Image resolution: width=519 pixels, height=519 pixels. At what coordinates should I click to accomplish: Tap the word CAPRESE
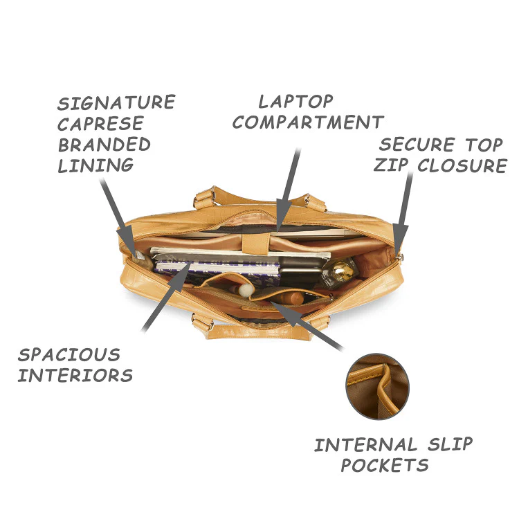[100, 123]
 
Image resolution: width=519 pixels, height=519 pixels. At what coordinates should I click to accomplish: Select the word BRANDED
[104, 145]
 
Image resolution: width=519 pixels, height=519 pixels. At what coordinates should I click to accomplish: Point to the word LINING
[95, 165]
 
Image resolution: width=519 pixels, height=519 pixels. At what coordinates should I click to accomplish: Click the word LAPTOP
[295, 101]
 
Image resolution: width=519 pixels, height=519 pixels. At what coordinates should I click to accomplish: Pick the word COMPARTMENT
[308, 122]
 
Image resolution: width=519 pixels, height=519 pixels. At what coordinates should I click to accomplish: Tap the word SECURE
[417, 145]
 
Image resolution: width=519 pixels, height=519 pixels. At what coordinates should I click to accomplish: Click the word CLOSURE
[462, 165]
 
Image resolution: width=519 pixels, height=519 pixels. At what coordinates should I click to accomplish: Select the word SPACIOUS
[69, 355]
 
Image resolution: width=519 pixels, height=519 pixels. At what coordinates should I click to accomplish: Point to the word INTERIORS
[75, 375]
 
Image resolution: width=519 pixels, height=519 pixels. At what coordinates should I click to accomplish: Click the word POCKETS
[385, 465]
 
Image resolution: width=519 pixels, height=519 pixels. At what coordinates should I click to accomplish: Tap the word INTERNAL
[365, 444]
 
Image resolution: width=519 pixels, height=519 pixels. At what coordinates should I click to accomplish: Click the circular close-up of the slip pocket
[377, 386]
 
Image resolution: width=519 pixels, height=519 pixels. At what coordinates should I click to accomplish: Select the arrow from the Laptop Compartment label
[288, 190]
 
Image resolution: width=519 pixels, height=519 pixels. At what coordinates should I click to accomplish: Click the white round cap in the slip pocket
[246, 290]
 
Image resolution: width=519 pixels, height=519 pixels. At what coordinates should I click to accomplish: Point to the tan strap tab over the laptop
[255, 244]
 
